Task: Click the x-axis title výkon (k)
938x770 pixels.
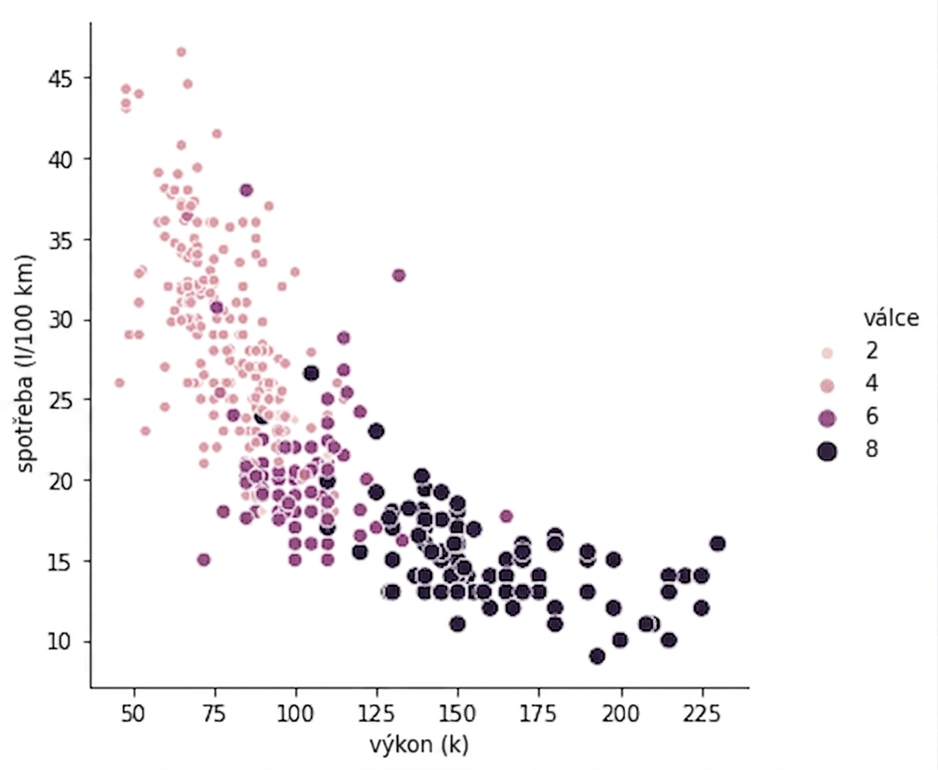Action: pyautogui.click(x=419, y=745)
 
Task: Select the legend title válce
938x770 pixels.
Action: pyautogui.click(x=891, y=318)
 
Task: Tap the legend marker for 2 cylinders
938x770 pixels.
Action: pyautogui.click(x=828, y=353)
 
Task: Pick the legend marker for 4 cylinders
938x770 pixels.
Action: pyautogui.click(x=828, y=385)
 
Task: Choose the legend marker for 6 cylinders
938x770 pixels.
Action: pyautogui.click(x=828, y=418)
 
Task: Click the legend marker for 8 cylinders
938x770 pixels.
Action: pyautogui.click(x=828, y=451)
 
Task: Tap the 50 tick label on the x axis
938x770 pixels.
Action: pyautogui.click(x=134, y=714)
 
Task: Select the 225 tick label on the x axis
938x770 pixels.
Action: pyautogui.click(x=702, y=714)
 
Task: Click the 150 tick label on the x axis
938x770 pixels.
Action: pyautogui.click(x=458, y=714)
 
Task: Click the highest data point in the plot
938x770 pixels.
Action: pyautogui.click(x=182, y=52)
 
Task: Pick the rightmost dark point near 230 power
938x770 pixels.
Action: pyautogui.click(x=718, y=543)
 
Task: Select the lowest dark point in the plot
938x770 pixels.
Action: pyautogui.click(x=597, y=656)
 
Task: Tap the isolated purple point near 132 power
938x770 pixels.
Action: pyautogui.click(x=399, y=275)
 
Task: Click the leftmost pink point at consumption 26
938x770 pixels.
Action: pyautogui.click(x=119, y=383)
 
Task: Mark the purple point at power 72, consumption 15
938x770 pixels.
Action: pyautogui.click(x=204, y=560)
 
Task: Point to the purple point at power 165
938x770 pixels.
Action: pyautogui.click(x=506, y=516)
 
